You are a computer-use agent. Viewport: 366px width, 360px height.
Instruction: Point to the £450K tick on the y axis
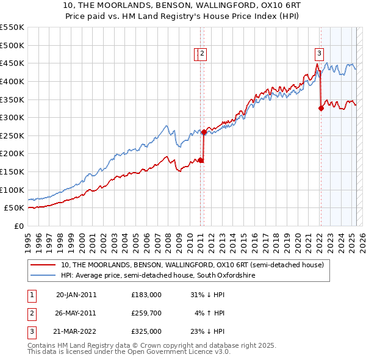click(12, 63)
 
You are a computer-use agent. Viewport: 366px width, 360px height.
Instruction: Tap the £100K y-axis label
click(12, 190)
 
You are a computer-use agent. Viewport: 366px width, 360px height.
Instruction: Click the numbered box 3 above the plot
click(320, 53)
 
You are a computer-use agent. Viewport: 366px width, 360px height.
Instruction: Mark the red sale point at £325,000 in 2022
click(321, 109)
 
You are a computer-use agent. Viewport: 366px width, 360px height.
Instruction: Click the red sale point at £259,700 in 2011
click(204, 132)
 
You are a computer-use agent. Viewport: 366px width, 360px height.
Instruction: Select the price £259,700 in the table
click(146, 313)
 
